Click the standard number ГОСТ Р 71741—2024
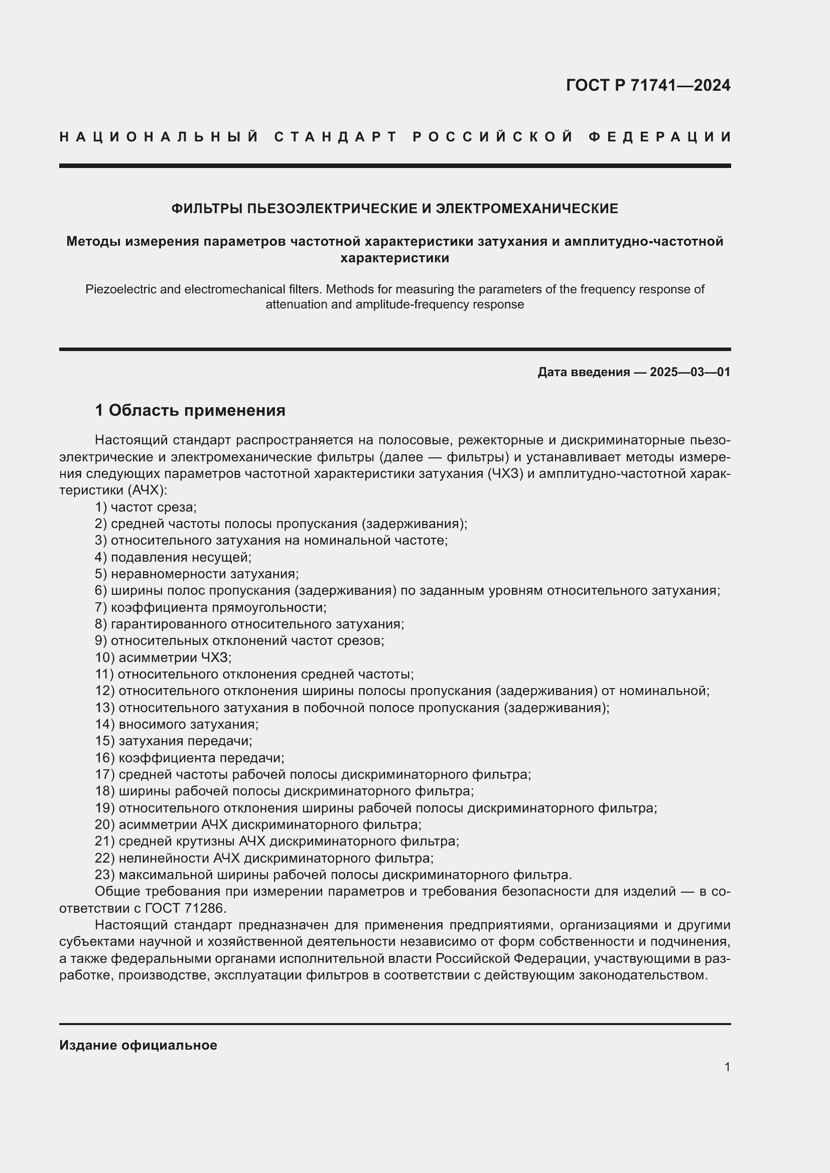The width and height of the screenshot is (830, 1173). pyautogui.click(x=647, y=85)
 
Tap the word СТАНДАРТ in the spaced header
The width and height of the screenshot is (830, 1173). pyautogui.click(x=336, y=137)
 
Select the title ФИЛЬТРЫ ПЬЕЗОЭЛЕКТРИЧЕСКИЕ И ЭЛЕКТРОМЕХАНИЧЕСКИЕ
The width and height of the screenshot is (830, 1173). pyautogui.click(x=394, y=209)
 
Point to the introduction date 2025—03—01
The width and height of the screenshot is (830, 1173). pyautogui.click(x=690, y=372)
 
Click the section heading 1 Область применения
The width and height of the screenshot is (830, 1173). pyautogui.click(x=190, y=410)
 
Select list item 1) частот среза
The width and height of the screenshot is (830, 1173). pyautogui.click(x=146, y=508)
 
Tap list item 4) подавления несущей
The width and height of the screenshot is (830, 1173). pyautogui.click(x=173, y=557)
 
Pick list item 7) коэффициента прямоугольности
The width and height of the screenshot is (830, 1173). pyautogui.click(x=211, y=607)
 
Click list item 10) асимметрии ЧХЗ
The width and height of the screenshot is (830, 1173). pyautogui.click(x=163, y=657)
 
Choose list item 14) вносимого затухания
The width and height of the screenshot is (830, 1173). pyautogui.click(x=177, y=724)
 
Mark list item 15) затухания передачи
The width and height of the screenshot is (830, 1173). pyautogui.click(x=173, y=741)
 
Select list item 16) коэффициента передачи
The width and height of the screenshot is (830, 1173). pyautogui.click(x=190, y=758)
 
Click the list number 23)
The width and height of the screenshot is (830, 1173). pyautogui.click(x=105, y=875)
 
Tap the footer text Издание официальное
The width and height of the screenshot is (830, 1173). pyautogui.click(x=138, y=1045)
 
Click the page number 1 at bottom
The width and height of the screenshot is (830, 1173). pyautogui.click(x=727, y=1067)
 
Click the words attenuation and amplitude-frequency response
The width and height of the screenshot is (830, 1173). pyautogui.click(x=394, y=305)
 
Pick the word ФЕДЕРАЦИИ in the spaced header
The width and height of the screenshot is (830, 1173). pyautogui.click(x=660, y=137)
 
